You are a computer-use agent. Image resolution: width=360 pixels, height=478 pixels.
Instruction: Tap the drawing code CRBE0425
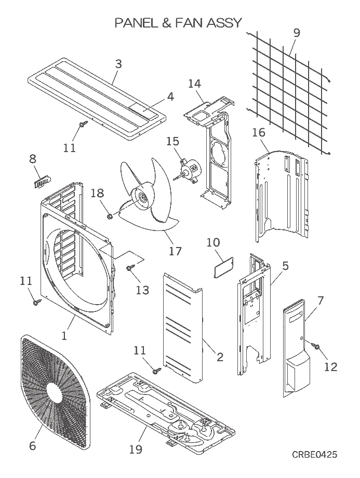[314, 455]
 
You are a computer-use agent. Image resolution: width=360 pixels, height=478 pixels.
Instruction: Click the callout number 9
[296, 33]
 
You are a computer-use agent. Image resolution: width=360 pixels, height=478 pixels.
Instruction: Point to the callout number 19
[135, 449]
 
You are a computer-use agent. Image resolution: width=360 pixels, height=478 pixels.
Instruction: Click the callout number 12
[331, 367]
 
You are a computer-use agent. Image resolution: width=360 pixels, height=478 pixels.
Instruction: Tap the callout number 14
[194, 83]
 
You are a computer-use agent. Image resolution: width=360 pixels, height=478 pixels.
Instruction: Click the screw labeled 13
[129, 268]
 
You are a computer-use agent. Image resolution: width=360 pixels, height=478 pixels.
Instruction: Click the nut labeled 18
[110, 215]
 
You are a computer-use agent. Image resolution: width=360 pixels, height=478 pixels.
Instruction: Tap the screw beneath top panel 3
[83, 125]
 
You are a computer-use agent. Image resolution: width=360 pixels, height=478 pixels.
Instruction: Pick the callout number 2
[220, 357]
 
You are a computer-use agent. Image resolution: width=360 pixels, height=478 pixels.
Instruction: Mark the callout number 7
[320, 300]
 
